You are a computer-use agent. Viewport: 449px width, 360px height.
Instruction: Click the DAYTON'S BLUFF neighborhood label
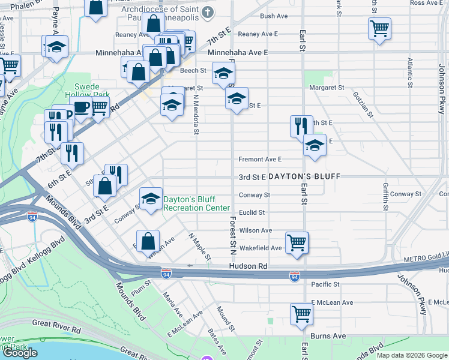pyautogui.click(x=304, y=177)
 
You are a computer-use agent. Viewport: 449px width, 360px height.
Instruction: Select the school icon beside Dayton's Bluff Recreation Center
pyautogui.click(x=150, y=199)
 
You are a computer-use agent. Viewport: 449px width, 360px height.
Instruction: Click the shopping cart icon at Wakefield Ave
pyautogui.click(x=297, y=243)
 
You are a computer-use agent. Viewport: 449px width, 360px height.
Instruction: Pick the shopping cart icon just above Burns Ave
pyautogui.click(x=301, y=314)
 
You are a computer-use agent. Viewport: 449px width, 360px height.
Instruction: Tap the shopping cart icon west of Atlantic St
pyautogui.click(x=380, y=28)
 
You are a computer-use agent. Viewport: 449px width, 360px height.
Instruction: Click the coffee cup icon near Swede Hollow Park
pyautogui.click(x=82, y=108)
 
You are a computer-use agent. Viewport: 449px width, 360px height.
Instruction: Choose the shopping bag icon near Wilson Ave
pyautogui.click(x=148, y=242)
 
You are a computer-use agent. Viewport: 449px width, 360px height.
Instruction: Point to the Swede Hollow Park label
pyautogui.click(x=92, y=91)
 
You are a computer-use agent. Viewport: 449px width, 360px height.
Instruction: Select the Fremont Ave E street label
pyautogui.click(x=260, y=160)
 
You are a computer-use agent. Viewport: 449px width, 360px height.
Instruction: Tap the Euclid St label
pyautogui.click(x=252, y=212)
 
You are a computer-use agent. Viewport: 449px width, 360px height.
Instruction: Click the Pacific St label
pyautogui.click(x=325, y=284)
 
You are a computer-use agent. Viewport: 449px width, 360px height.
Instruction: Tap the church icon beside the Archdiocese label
pyautogui.click(x=208, y=11)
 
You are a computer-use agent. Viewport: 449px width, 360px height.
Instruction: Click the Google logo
pyautogui.click(x=20, y=353)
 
